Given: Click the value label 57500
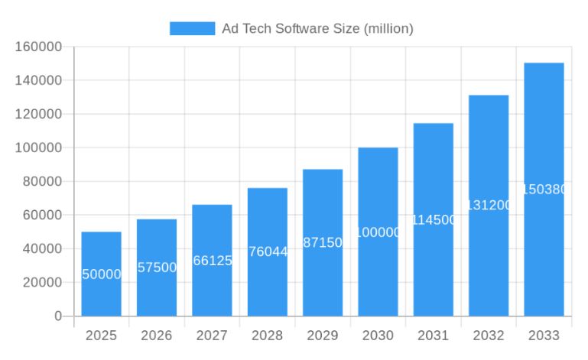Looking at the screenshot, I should pos(157,268).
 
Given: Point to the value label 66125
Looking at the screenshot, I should pos(212,261).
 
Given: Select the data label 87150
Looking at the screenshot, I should pos(323,242).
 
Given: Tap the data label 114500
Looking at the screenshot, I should pos(434,219).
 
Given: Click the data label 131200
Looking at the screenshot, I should pos(489,205).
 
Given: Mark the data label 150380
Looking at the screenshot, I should pos(544,189).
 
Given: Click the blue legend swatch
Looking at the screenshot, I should pos(192,28).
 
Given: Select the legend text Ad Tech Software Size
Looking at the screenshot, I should pos(317,28).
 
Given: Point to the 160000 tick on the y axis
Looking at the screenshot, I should pos(38,47).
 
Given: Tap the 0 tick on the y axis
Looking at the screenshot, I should pos(57,316).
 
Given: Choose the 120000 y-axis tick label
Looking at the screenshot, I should pos(38,114).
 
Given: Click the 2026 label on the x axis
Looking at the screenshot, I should pos(157,336).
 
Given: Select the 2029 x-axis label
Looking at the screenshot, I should pos(323,336).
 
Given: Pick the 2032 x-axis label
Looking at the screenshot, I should pos(489,336).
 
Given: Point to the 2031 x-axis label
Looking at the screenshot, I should pos(434,336).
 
